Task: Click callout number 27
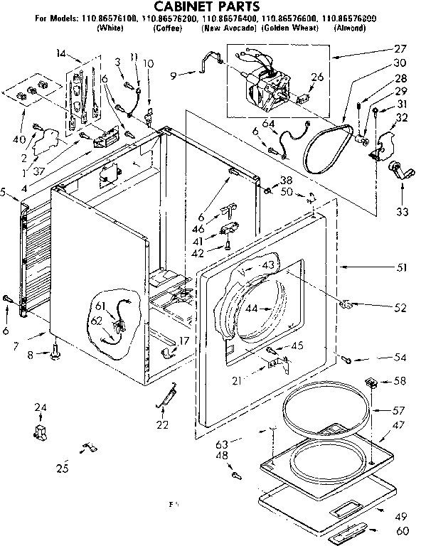pos(400,49)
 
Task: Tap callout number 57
pos(399,411)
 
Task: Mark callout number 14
pos(60,54)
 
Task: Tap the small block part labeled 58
pos(371,382)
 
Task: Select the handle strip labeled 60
pos(349,528)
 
